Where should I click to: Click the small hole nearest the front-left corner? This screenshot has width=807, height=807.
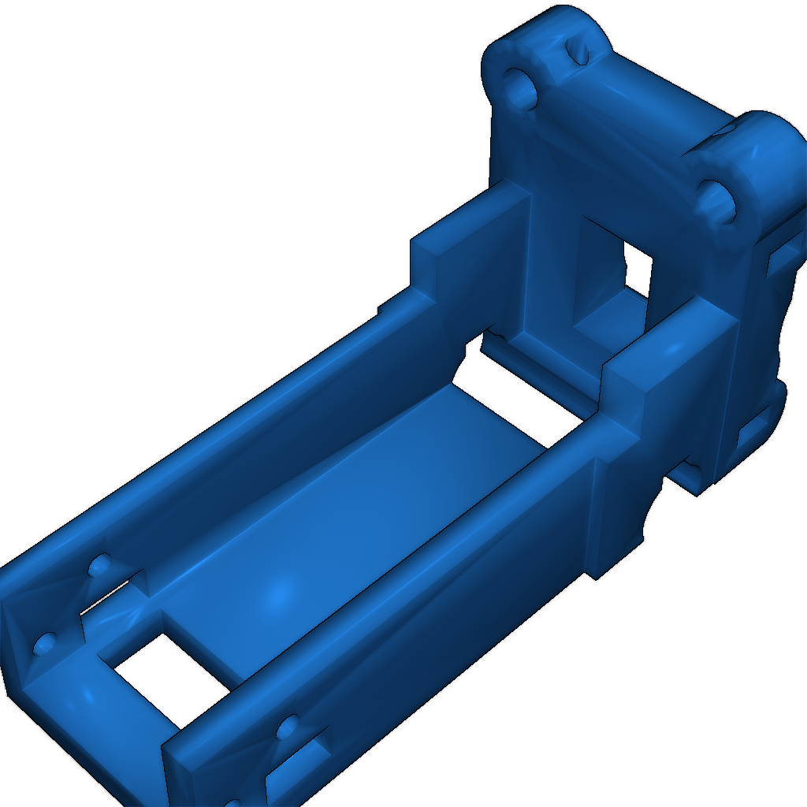click(45, 644)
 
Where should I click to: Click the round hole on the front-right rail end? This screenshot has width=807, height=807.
click(287, 727)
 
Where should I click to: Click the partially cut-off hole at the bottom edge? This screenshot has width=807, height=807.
click(234, 803)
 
